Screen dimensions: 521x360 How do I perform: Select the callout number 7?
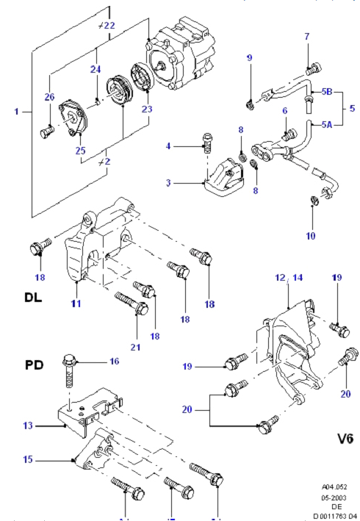coord(307,36)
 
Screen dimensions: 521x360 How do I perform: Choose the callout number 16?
coord(114,362)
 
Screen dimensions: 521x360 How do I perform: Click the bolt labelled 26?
coord(46,134)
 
